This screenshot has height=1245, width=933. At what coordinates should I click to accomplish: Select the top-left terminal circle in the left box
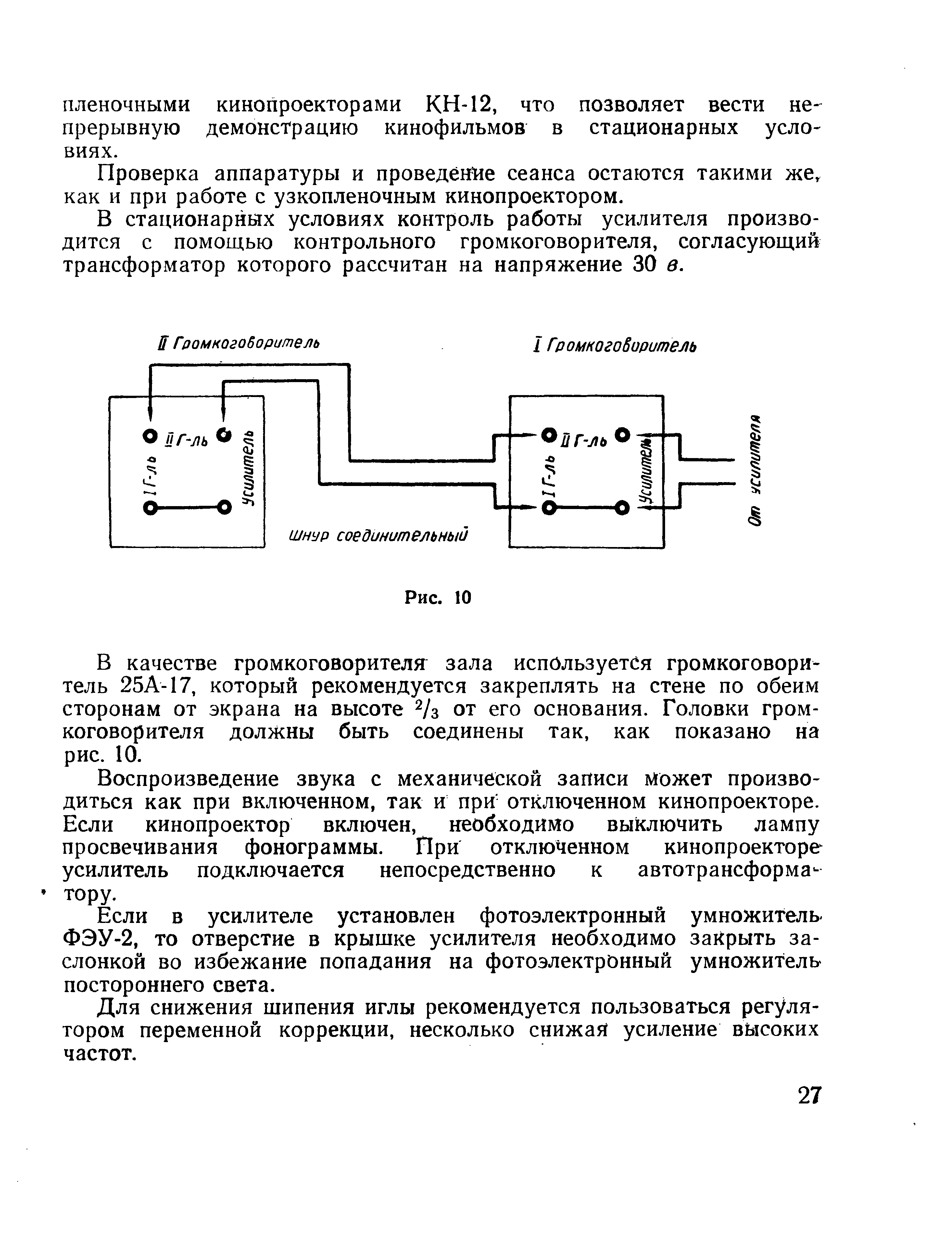149,436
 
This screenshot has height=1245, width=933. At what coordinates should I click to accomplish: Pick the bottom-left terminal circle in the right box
546,509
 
